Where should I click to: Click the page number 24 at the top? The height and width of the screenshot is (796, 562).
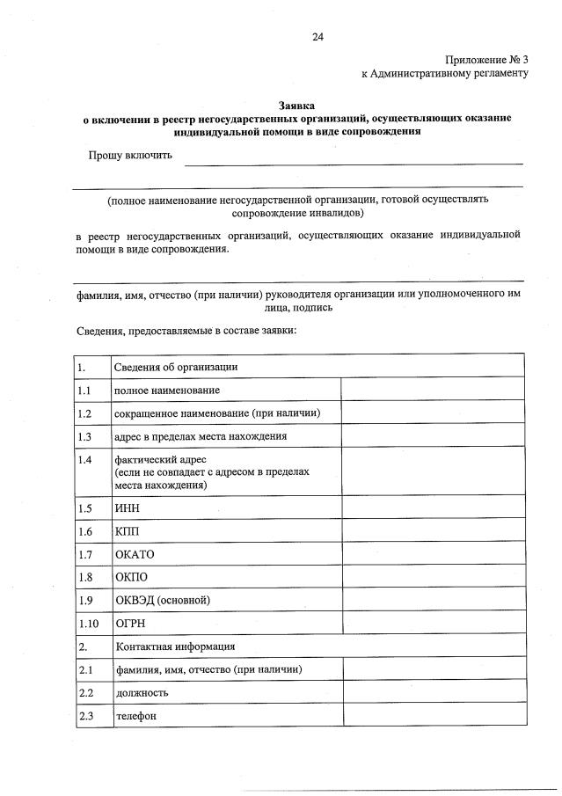(x=317, y=37)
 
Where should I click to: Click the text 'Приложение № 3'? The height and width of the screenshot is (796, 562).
(x=485, y=59)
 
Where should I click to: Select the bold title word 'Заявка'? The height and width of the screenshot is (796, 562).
(x=297, y=104)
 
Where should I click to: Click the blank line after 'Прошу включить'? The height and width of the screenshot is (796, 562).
(x=353, y=161)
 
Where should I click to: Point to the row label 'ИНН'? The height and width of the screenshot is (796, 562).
(x=127, y=509)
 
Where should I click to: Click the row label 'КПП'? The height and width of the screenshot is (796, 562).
(x=127, y=532)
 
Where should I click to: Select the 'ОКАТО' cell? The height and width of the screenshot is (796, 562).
(x=134, y=555)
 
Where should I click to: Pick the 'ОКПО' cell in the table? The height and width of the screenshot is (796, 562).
(x=131, y=578)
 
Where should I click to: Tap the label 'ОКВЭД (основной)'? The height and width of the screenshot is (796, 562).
(x=163, y=601)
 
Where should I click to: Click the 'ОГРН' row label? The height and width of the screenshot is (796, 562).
(x=129, y=624)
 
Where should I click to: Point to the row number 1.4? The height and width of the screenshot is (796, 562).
(x=84, y=460)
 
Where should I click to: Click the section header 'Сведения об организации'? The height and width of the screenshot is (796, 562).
(x=176, y=367)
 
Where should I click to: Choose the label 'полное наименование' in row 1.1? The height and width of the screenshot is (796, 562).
(x=167, y=390)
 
